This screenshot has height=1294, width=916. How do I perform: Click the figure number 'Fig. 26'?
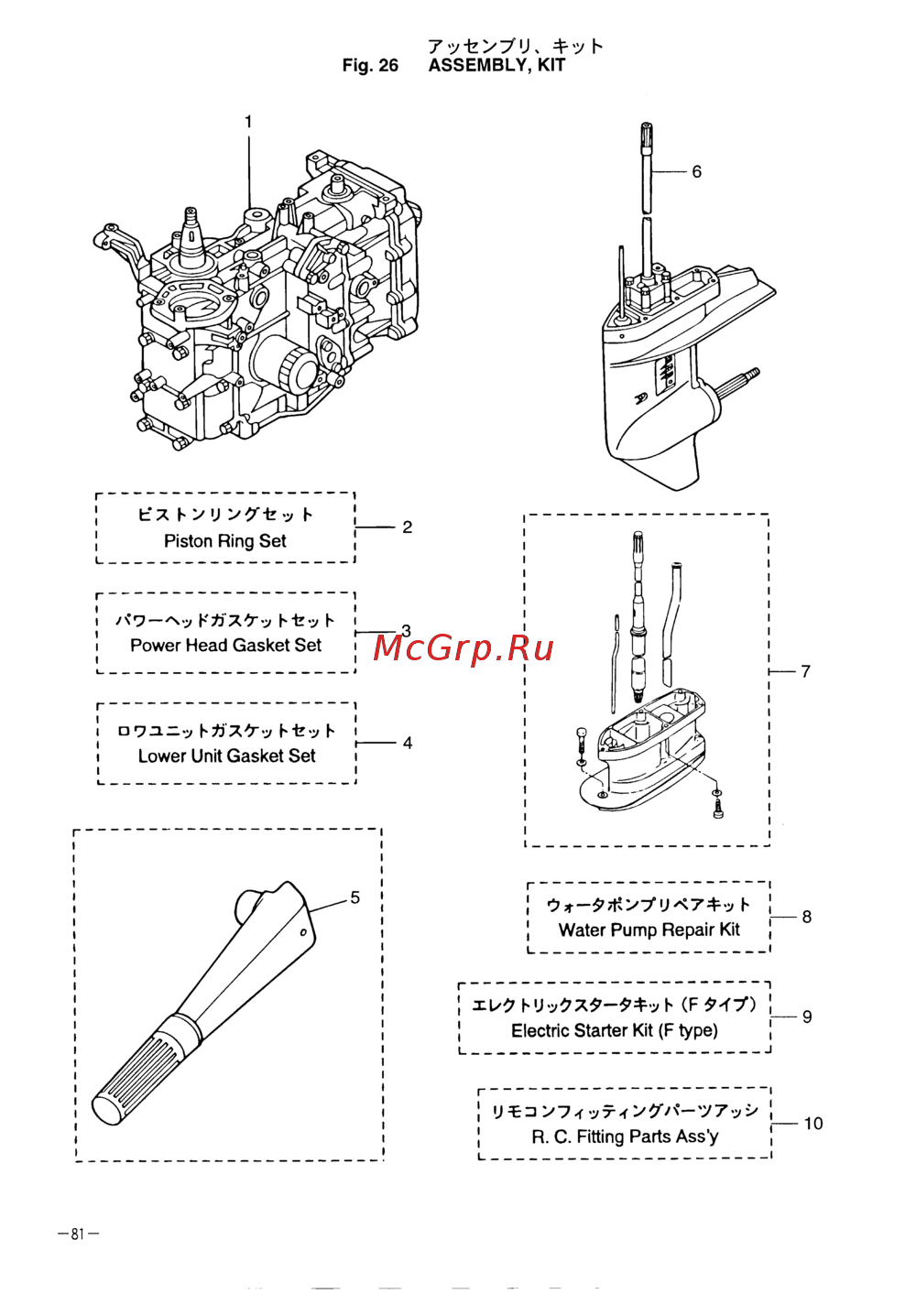coord(370,65)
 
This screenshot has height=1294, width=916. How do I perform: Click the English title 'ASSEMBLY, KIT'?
coord(496,65)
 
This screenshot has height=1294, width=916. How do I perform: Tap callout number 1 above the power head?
coord(248,122)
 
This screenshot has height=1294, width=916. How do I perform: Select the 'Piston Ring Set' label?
coord(224,541)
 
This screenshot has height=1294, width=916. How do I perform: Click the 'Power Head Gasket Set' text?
coord(225,646)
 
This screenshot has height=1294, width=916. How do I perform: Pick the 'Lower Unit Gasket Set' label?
coord(226,756)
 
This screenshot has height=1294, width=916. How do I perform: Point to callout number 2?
coord(407,527)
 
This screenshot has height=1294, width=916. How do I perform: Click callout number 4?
coord(407,743)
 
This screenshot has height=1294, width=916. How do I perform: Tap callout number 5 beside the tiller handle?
coord(355,897)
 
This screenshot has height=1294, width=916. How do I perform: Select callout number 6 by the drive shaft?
coord(696,172)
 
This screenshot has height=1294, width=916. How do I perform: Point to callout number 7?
coord(805,672)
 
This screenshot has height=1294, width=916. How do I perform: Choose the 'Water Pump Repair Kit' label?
coord(649,930)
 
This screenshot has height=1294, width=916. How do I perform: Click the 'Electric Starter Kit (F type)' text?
coord(614,1031)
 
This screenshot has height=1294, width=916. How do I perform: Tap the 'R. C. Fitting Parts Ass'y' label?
coord(625,1137)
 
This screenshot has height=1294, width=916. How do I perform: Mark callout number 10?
coord(813,1124)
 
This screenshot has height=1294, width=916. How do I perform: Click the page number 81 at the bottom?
coord(78,1234)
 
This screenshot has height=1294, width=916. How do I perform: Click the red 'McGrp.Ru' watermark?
coord(463,648)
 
